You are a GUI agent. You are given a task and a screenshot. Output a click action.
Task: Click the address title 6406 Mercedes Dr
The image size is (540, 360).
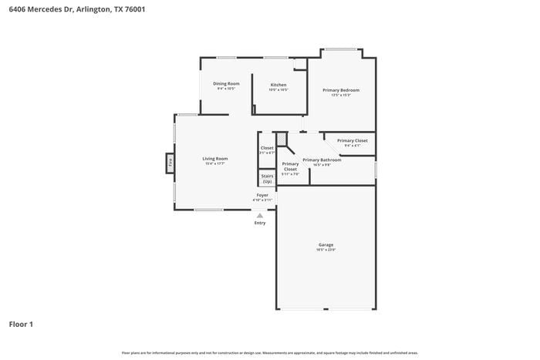tap(76, 10)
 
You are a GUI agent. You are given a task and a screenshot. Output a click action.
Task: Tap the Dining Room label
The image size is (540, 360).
tap(226, 83)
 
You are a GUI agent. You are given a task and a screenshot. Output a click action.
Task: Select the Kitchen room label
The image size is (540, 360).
tap(278, 85)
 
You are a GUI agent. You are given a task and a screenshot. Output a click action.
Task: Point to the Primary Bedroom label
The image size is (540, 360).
tap(341, 90)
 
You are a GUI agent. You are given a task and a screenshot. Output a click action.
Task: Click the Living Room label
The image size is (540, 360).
tap(215, 159)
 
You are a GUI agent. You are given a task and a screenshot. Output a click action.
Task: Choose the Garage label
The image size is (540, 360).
tap(326, 245)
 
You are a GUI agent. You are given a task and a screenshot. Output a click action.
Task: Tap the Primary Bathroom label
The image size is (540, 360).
tap(322, 160)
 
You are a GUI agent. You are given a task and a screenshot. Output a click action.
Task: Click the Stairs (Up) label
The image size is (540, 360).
tap(267, 178)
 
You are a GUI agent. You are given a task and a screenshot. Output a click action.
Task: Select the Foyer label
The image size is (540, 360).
tap(262, 195)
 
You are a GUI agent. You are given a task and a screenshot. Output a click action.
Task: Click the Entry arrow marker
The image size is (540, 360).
tap(259, 216)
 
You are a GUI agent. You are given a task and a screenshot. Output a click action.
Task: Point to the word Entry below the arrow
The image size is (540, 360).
tap(260, 223)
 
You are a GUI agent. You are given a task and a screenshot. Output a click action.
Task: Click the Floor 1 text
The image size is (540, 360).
tap(21, 325)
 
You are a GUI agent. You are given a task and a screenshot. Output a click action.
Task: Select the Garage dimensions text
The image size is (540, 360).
tap(326, 250)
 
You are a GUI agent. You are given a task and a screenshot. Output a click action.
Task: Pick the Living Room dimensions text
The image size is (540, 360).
tap(215, 163)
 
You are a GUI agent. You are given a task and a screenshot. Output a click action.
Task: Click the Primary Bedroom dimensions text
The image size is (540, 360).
tap(341, 96)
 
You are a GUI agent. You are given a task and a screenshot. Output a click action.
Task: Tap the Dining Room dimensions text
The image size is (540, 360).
tap(226, 89)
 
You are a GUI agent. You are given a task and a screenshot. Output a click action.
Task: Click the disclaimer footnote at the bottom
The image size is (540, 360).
tap(269, 352)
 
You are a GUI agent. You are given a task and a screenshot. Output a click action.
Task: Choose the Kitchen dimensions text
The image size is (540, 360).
tap(278, 89)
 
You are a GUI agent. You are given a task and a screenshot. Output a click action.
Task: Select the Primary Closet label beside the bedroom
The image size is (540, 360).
tap(352, 140)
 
